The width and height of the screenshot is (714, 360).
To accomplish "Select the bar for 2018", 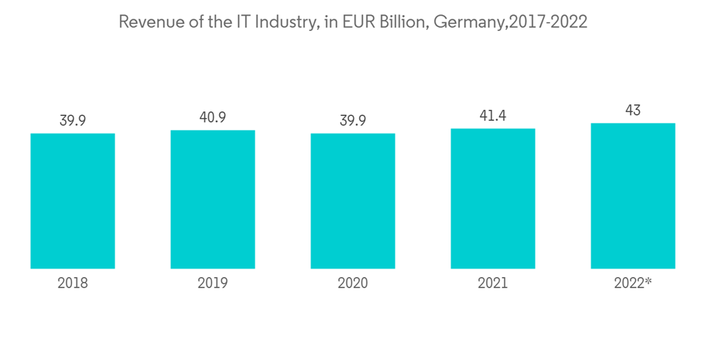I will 73,201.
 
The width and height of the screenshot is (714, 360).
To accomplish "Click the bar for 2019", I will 213,199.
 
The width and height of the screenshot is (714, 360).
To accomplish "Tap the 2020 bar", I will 353,201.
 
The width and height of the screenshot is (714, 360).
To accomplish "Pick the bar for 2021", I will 493,199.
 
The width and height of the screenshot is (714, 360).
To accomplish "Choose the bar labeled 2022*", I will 633,196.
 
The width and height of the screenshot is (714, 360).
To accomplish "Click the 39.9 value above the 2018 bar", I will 73,120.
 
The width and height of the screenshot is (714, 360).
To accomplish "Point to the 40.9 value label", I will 213,117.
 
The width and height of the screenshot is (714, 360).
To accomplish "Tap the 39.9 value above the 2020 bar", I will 353,120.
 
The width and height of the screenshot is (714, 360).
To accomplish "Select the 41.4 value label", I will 493,115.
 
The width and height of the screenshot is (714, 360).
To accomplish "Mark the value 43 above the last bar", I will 633,110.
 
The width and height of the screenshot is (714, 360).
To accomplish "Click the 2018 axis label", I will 73,284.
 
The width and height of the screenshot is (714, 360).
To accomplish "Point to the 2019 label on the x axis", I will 213,284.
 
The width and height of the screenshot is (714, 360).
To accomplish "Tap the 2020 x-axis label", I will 353,284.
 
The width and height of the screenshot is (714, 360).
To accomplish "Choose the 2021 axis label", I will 493,284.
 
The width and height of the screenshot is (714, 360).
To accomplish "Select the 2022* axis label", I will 633,284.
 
